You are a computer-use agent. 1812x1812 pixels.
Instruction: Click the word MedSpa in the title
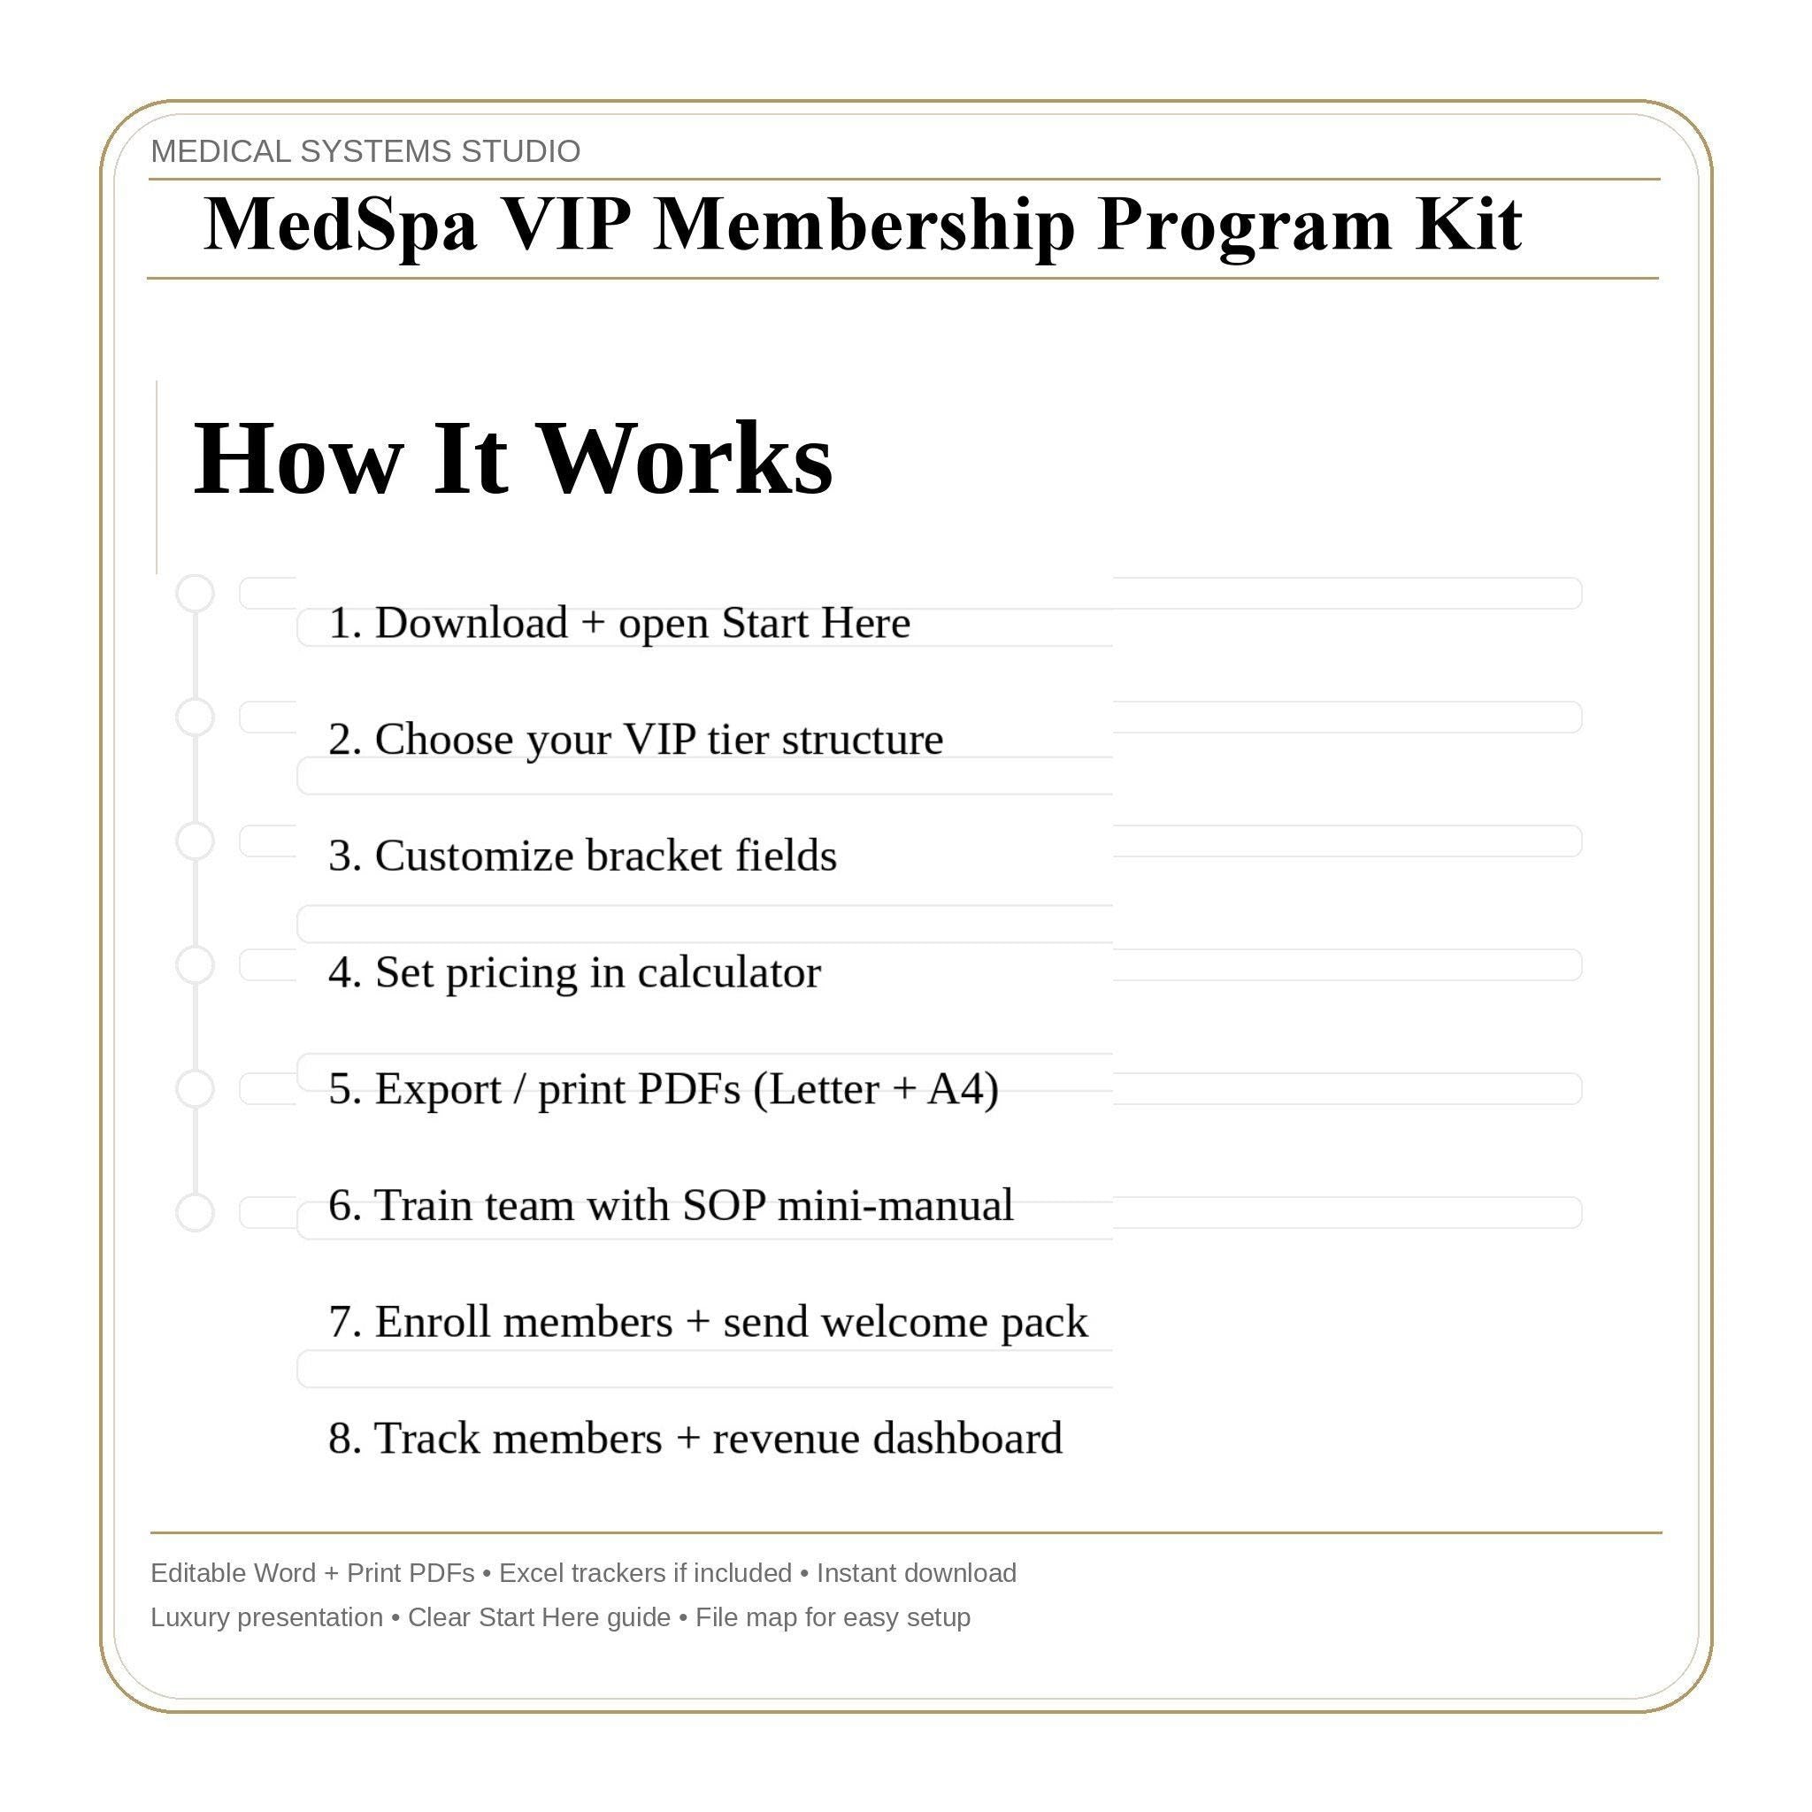pyautogui.click(x=340, y=225)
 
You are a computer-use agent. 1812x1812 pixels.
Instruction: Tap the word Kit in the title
pyautogui.click(x=1469, y=225)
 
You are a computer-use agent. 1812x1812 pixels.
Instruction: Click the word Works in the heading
pyautogui.click(x=687, y=458)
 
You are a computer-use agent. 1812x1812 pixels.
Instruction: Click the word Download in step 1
pyautogui.click(x=471, y=624)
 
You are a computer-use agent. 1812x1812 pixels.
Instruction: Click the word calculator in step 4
pyautogui.click(x=729, y=972)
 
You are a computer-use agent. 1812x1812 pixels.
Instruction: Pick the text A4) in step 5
pyautogui.click(x=963, y=1089)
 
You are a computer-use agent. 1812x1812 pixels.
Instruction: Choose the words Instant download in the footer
pyautogui.click(x=917, y=1573)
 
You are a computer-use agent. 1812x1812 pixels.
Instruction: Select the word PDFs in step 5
pyautogui.click(x=689, y=1089)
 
